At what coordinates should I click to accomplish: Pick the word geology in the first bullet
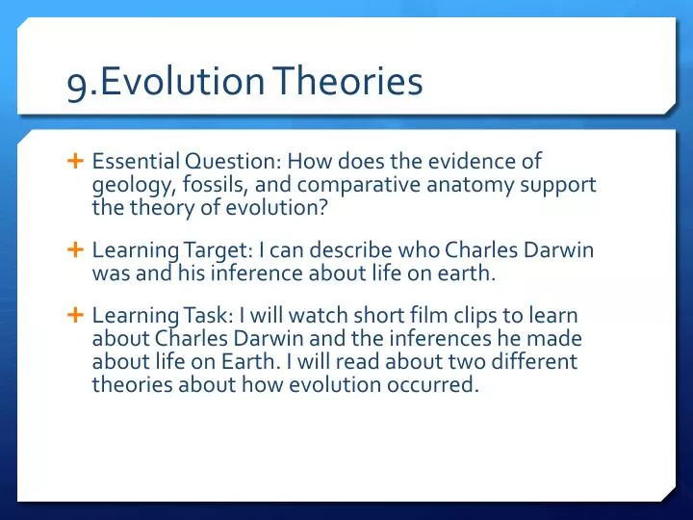point(125,184)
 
